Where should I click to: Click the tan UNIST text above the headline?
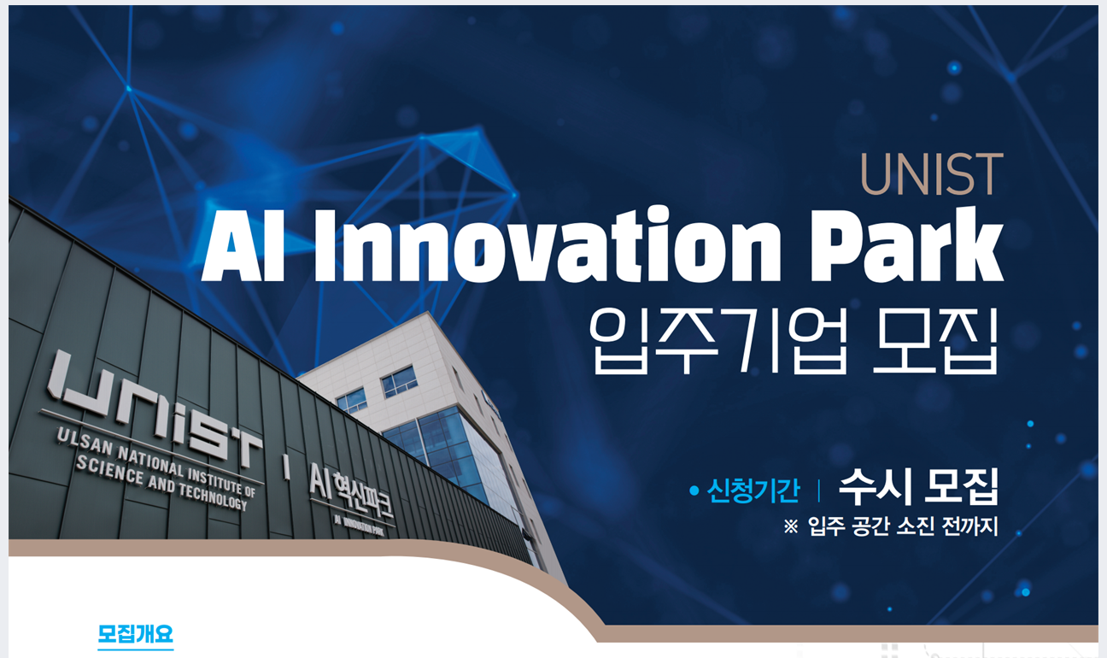pyautogui.click(x=932, y=174)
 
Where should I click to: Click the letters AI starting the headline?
pyautogui.click(x=243, y=246)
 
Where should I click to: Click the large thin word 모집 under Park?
pyautogui.click(x=935, y=341)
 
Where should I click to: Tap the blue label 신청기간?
pyautogui.click(x=753, y=491)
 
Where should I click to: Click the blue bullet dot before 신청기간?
pyautogui.click(x=694, y=491)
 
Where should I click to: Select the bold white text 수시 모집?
pyautogui.click(x=919, y=486)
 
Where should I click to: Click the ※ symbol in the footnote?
pyautogui.click(x=791, y=526)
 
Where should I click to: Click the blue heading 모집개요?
pyautogui.click(x=136, y=633)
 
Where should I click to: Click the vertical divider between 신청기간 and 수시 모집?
pyautogui.click(x=819, y=491)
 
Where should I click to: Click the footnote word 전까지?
pyautogui.click(x=970, y=526)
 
